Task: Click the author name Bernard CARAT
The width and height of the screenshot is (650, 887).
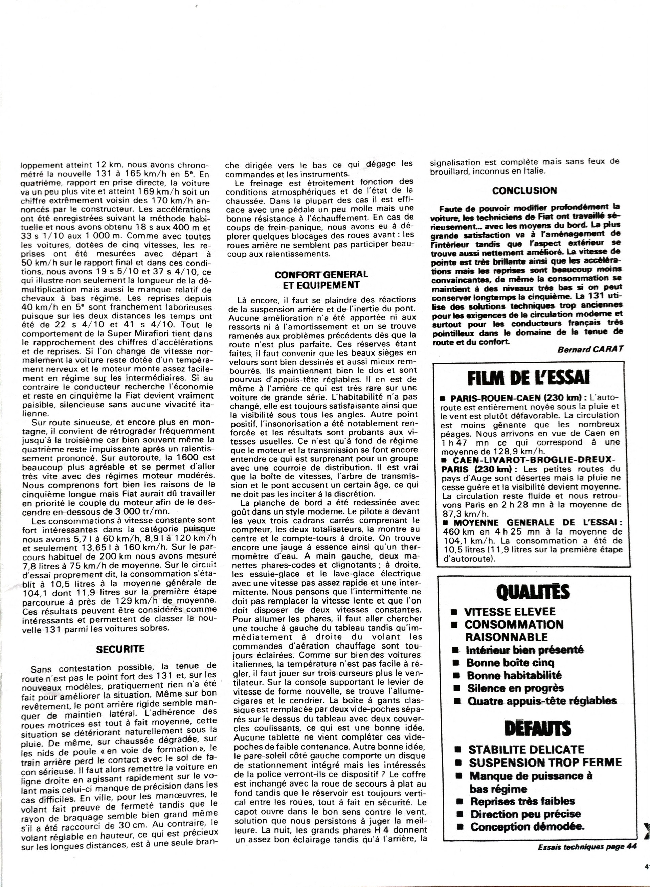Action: [590, 350]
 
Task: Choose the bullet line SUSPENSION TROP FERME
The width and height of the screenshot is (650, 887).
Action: [545, 763]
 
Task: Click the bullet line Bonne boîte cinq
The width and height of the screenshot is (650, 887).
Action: [510, 663]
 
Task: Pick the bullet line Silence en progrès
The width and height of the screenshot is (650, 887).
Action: [515, 688]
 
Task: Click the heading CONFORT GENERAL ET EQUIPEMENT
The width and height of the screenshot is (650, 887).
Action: [321, 279]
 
